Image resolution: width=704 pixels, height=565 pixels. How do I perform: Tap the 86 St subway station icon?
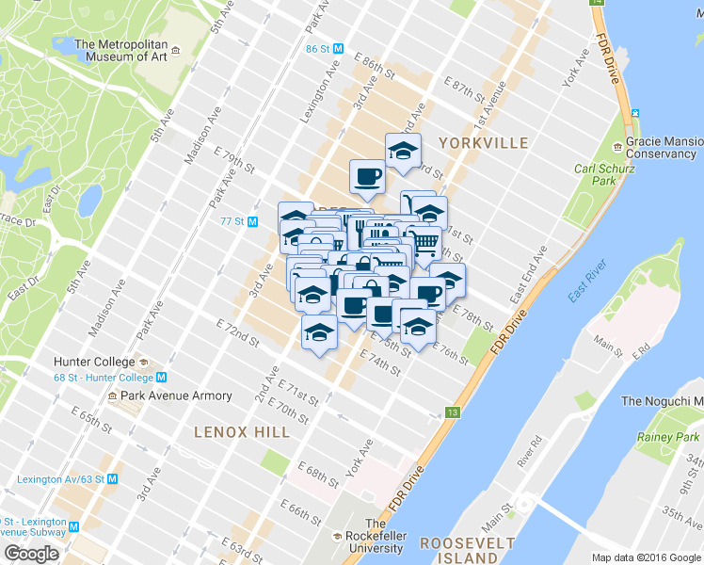337,48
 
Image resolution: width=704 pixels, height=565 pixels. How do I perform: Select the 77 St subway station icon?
252,221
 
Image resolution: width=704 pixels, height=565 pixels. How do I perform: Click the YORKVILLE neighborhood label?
483,142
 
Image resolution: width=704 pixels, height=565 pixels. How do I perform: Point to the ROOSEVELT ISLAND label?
468,550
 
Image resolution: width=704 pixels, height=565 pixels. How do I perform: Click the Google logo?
32,554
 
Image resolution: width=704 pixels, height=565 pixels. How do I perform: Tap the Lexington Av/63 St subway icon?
113,477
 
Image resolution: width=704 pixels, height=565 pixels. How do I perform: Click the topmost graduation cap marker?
403,151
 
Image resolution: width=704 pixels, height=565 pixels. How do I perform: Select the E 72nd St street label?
236,331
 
